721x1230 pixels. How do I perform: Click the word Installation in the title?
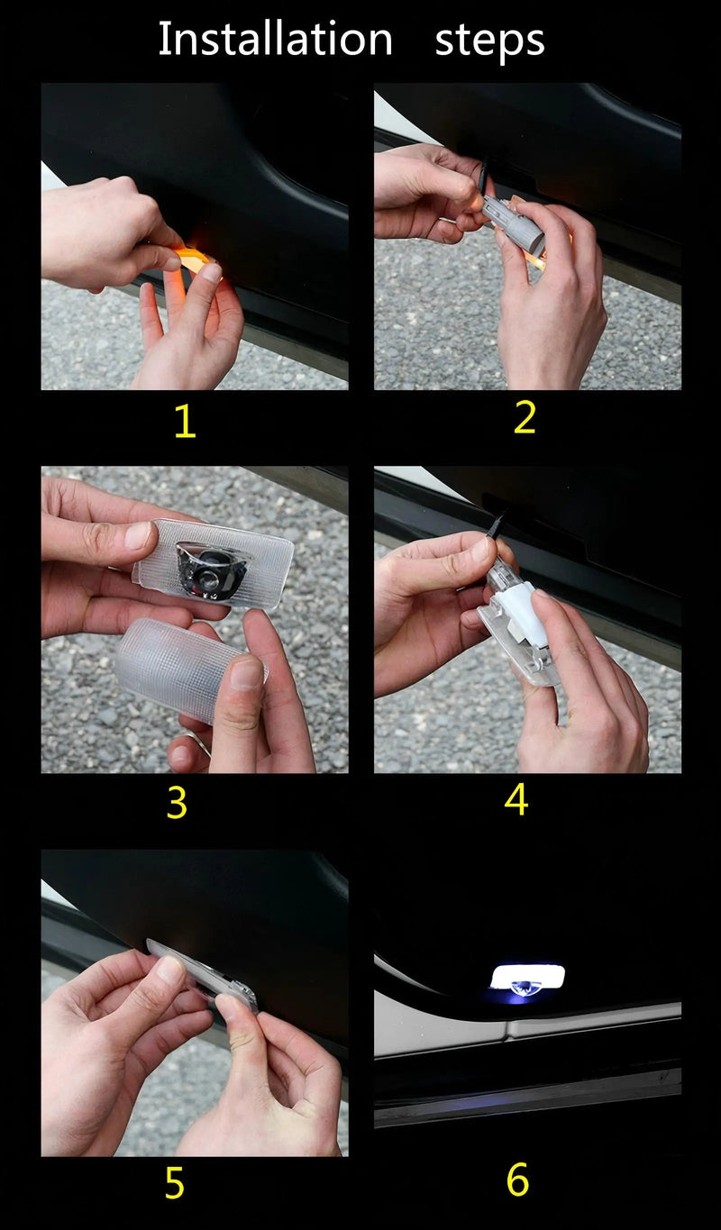click(276, 39)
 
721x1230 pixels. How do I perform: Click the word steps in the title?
click(489, 41)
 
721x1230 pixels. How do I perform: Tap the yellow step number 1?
click(185, 422)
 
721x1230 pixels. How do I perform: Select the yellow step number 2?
click(525, 417)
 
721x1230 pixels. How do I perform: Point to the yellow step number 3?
click(177, 803)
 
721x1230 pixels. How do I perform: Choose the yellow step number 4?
click(516, 799)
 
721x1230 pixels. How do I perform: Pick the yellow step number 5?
click(175, 1184)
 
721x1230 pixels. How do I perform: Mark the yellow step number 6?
click(517, 1180)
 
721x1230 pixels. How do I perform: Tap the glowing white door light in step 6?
click(527, 976)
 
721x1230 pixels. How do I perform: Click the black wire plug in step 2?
click(483, 176)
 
